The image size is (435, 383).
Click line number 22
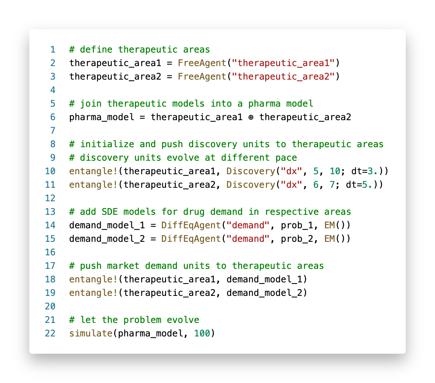coord(50,333)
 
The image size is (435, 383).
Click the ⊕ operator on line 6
coord(251,117)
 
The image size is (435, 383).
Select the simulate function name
coord(91,333)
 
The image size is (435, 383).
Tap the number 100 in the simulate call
coord(202,333)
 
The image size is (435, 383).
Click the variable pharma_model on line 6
coord(101,117)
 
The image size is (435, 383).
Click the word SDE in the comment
coord(109,211)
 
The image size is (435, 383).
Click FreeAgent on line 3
coord(202,76)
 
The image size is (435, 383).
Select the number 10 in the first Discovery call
coord(335,171)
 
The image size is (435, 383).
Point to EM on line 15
coord(329,238)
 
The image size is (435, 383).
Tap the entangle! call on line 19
coord(93,293)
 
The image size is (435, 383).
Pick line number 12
coord(50,198)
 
